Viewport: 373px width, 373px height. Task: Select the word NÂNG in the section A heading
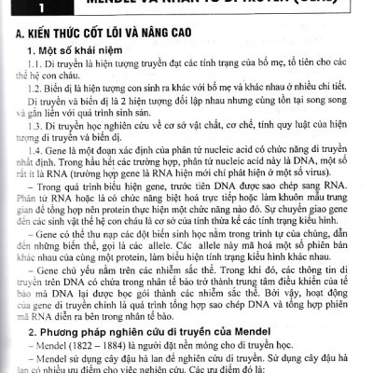[x=190, y=37]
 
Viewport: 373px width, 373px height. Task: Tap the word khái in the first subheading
[x=104, y=58]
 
